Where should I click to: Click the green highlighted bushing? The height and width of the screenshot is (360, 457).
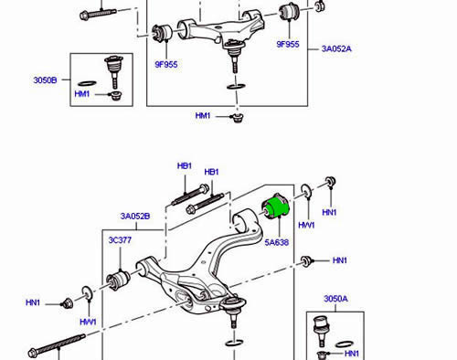275,206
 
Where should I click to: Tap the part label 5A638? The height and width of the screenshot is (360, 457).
277,242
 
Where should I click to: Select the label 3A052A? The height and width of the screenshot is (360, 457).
336,48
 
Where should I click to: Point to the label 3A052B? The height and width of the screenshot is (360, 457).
135,217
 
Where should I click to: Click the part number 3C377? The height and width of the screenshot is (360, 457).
120,240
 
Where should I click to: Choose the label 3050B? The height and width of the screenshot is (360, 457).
45,80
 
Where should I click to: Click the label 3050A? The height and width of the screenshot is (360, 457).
335,299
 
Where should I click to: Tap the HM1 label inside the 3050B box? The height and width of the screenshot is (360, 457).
82,94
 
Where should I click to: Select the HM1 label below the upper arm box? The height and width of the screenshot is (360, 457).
203,116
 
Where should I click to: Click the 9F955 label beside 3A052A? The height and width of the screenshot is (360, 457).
288,44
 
